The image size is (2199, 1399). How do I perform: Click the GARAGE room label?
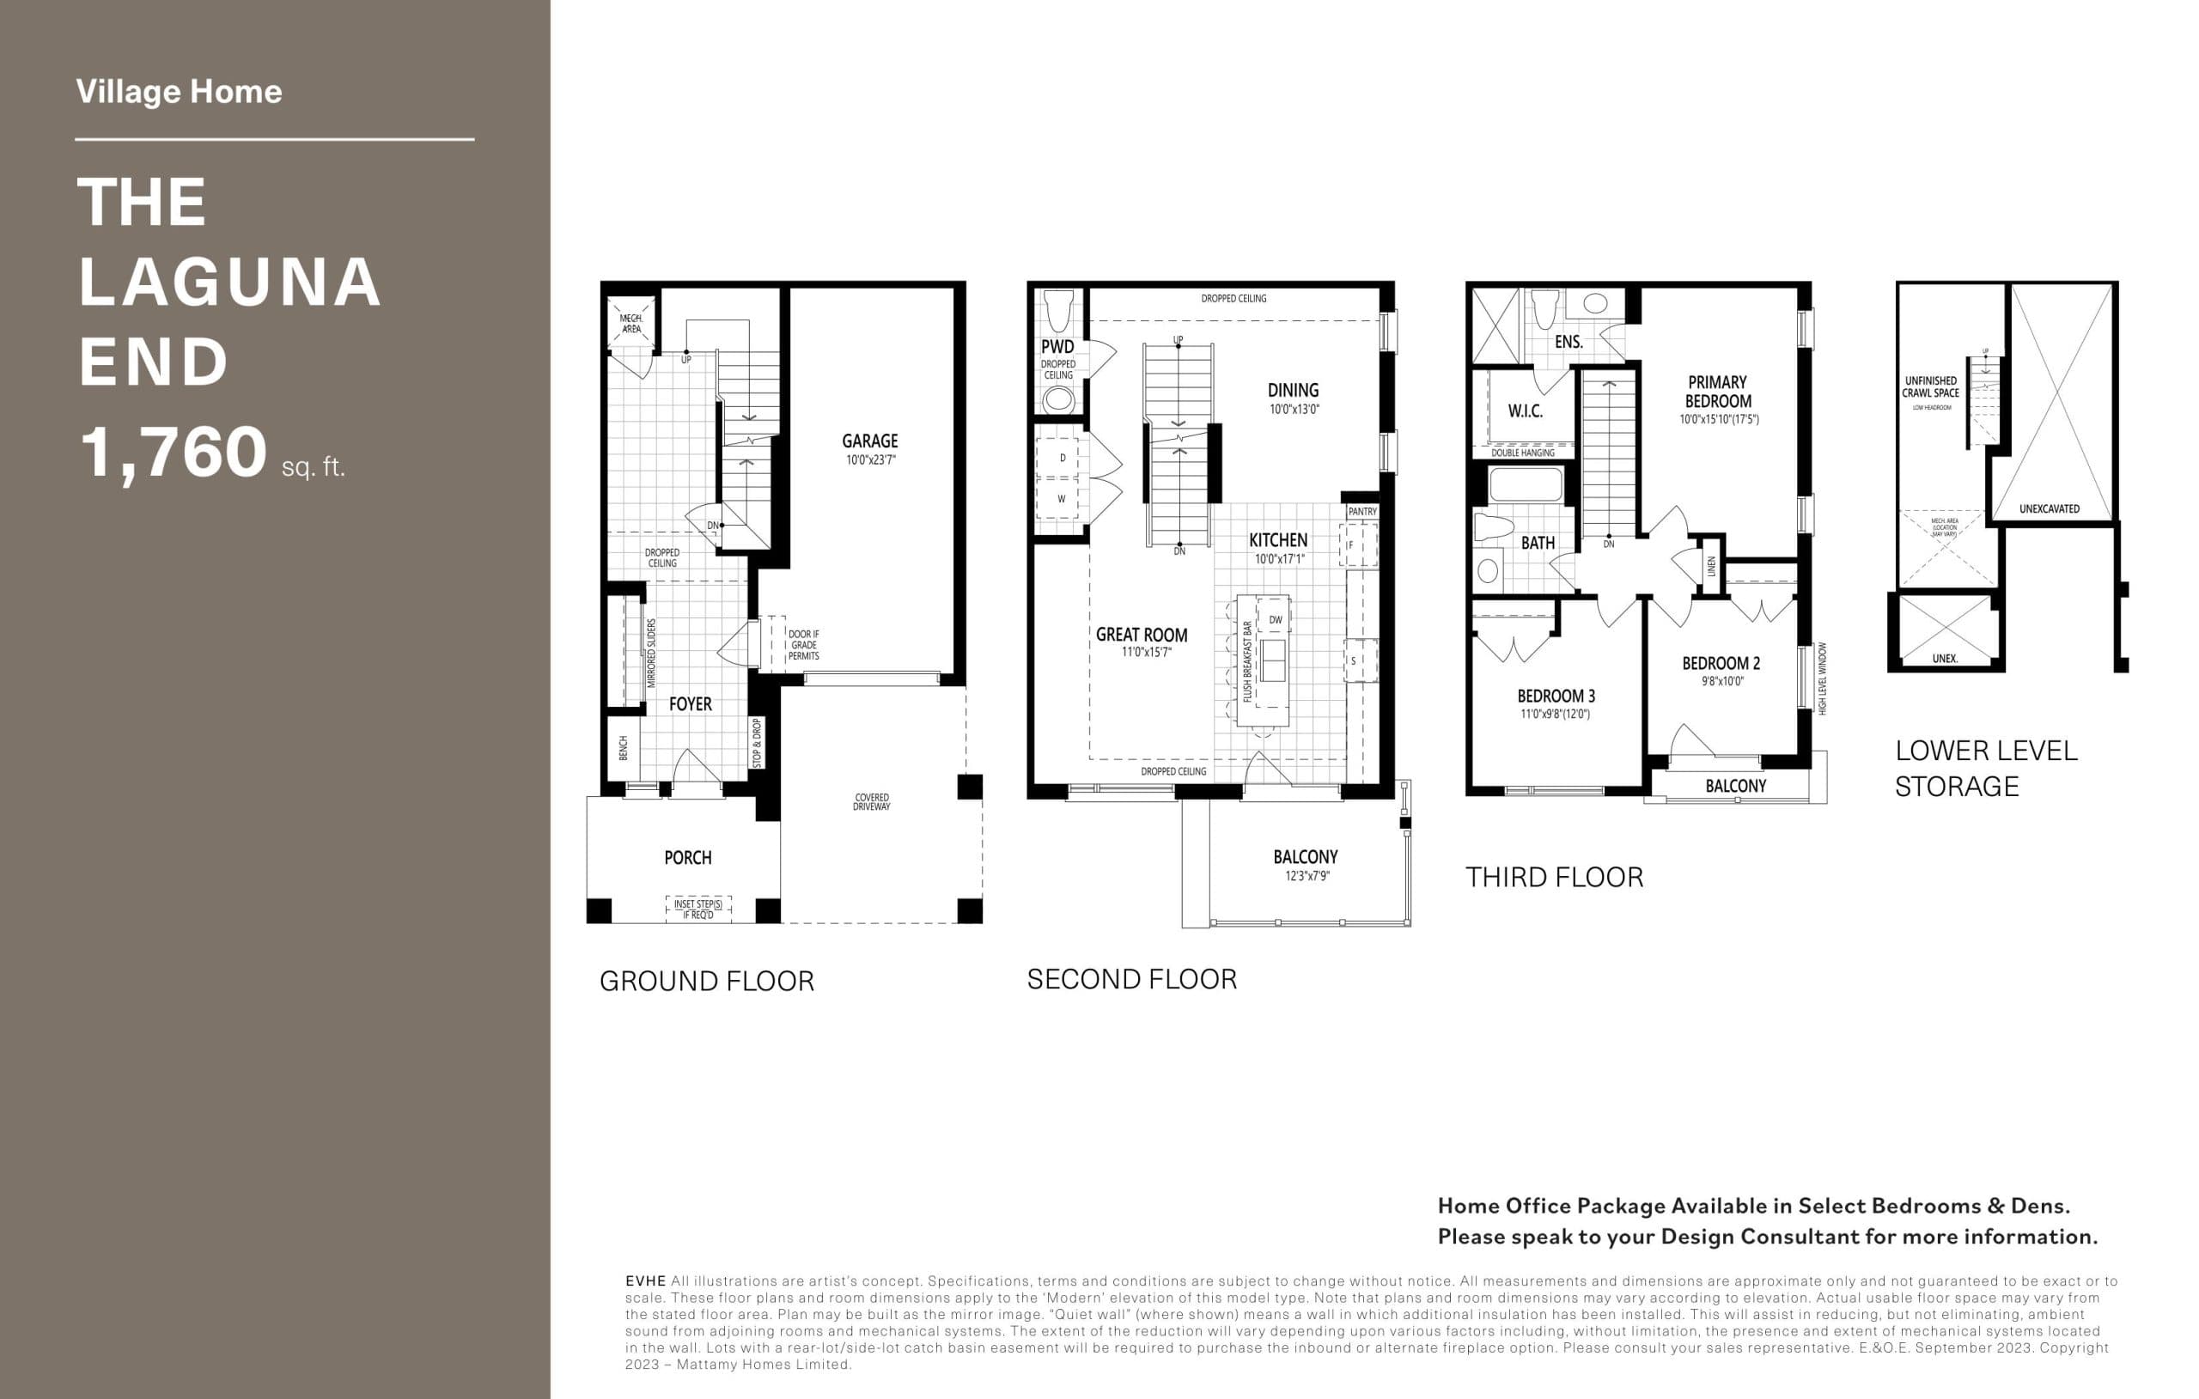coord(869,441)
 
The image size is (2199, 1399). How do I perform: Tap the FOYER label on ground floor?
coord(690,704)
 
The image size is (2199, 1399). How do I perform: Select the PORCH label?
coord(688,857)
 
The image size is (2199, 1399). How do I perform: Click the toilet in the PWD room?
coord(1059,311)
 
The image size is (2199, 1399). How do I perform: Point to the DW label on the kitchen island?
coord(1276,620)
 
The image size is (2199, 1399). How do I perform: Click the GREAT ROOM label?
coord(1142,635)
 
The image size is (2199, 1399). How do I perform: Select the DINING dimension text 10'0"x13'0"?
coord(1294,410)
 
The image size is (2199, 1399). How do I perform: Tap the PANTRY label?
coord(1361,511)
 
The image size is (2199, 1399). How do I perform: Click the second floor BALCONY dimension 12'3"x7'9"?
coord(1307,877)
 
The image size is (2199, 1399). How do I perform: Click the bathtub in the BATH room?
coord(1525,485)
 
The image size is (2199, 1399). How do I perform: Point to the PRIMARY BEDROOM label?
coord(1718,392)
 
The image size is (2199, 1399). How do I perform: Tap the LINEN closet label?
coord(1711,567)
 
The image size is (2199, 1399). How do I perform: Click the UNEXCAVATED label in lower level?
coord(2050,508)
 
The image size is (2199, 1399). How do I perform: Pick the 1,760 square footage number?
coord(174,453)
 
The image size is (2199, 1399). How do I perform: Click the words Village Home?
coord(179,92)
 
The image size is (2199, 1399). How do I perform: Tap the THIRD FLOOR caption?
coord(1553,878)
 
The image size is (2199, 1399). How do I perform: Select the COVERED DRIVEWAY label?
coord(871,802)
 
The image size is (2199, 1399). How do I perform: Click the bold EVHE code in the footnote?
coord(645,1281)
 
